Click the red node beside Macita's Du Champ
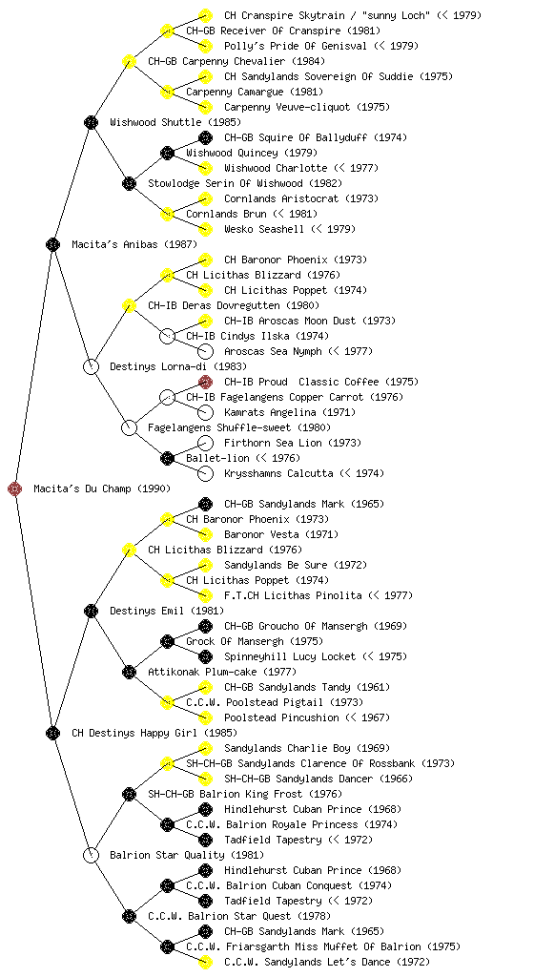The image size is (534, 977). [x=15, y=488]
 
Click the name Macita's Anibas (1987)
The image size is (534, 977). [x=126, y=244]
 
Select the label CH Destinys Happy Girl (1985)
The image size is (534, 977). [x=154, y=733]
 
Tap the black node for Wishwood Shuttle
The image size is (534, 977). [x=91, y=122]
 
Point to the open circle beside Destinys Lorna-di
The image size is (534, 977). [x=91, y=366]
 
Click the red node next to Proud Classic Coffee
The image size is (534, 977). [x=205, y=382]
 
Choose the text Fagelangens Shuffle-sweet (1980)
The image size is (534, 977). [x=239, y=427]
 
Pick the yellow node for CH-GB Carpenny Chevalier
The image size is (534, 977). [x=129, y=61]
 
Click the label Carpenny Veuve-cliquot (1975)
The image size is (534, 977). [x=307, y=107]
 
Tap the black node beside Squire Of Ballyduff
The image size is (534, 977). [x=205, y=137]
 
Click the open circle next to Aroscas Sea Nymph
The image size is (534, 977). [x=205, y=351]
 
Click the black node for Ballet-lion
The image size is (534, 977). [x=167, y=458]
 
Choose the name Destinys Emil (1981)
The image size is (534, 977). [x=167, y=611]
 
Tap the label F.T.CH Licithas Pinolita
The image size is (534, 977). [x=293, y=595]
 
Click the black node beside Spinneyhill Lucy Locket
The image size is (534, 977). [x=205, y=656]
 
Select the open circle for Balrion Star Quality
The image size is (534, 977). [x=91, y=855]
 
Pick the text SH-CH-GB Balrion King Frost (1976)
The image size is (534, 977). [x=245, y=794]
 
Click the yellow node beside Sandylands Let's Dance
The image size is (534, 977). [x=205, y=962]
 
